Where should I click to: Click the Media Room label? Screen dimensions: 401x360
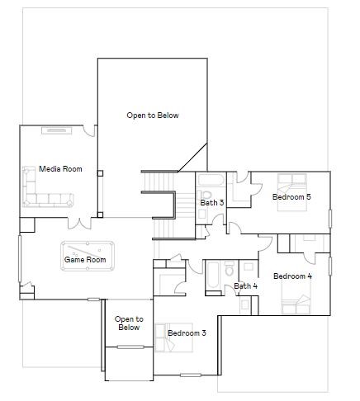tap(61, 169)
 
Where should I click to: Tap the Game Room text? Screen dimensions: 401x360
tap(85, 260)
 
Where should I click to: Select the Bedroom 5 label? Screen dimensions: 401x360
tap(291, 196)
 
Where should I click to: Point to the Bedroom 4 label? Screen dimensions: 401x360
tap(291, 276)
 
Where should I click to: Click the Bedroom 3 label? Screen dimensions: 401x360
tap(187, 333)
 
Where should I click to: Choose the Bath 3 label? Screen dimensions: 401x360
tap(212, 202)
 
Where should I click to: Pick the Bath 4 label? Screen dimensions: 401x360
tap(245, 286)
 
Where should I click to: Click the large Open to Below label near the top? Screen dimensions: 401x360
tap(152, 116)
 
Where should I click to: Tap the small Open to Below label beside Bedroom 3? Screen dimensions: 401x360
tap(129, 323)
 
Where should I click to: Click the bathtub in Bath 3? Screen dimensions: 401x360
tap(208, 181)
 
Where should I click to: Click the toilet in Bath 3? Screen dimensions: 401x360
tap(203, 214)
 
